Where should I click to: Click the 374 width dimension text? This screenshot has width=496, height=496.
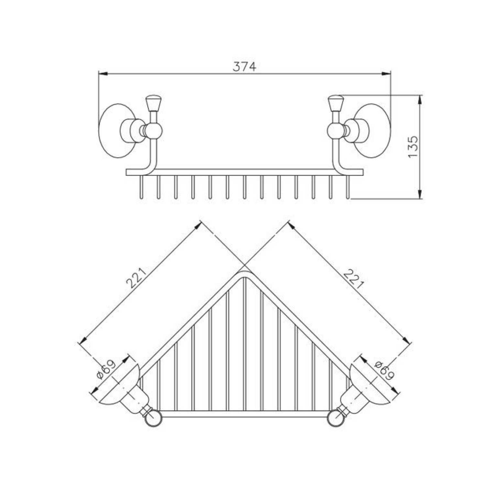pyautogui.click(x=244, y=67)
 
